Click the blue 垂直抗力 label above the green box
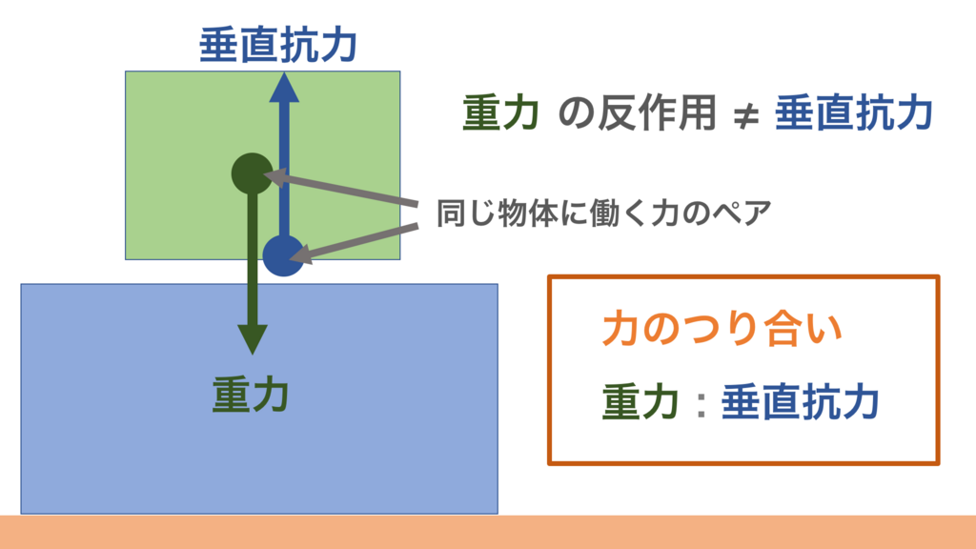(x=278, y=45)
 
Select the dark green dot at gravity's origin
(x=253, y=173)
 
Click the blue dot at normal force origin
(x=283, y=254)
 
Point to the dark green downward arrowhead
(x=253, y=337)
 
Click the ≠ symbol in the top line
(x=745, y=116)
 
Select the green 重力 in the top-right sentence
(x=502, y=114)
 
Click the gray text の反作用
(x=637, y=114)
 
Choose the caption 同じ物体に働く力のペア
(x=602, y=213)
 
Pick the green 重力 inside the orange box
(x=641, y=402)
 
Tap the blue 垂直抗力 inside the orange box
(x=799, y=402)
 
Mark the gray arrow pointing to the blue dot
(x=357, y=240)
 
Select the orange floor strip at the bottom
(x=488, y=532)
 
